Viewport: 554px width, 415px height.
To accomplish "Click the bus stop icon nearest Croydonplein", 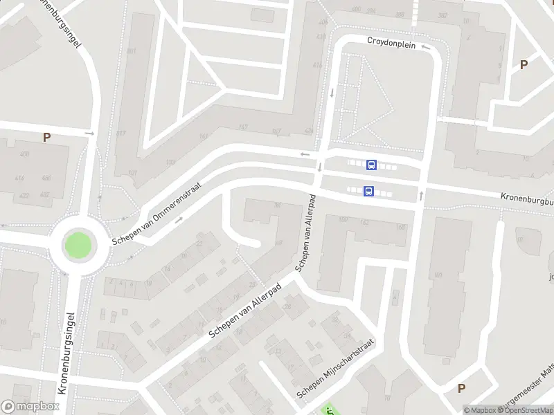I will pos(371,165).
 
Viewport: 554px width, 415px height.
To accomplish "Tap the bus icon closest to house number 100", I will pos(368,192).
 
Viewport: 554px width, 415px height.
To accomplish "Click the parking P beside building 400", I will pos(46,137).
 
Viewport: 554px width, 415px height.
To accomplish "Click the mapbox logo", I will pos(30,407).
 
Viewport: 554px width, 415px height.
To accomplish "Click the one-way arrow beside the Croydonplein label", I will pos(426,47).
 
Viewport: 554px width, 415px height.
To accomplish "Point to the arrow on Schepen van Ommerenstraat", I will pos(179,220).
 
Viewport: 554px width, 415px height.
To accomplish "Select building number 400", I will pos(25,154).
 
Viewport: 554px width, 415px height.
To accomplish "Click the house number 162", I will pos(364,223).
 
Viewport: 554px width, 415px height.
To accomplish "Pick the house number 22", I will pos(199,243).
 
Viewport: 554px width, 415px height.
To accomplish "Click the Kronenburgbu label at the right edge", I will pos(527,197).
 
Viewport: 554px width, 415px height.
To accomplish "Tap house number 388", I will pos(400,14).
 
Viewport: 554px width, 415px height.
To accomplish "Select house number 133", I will pos(170,163).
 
